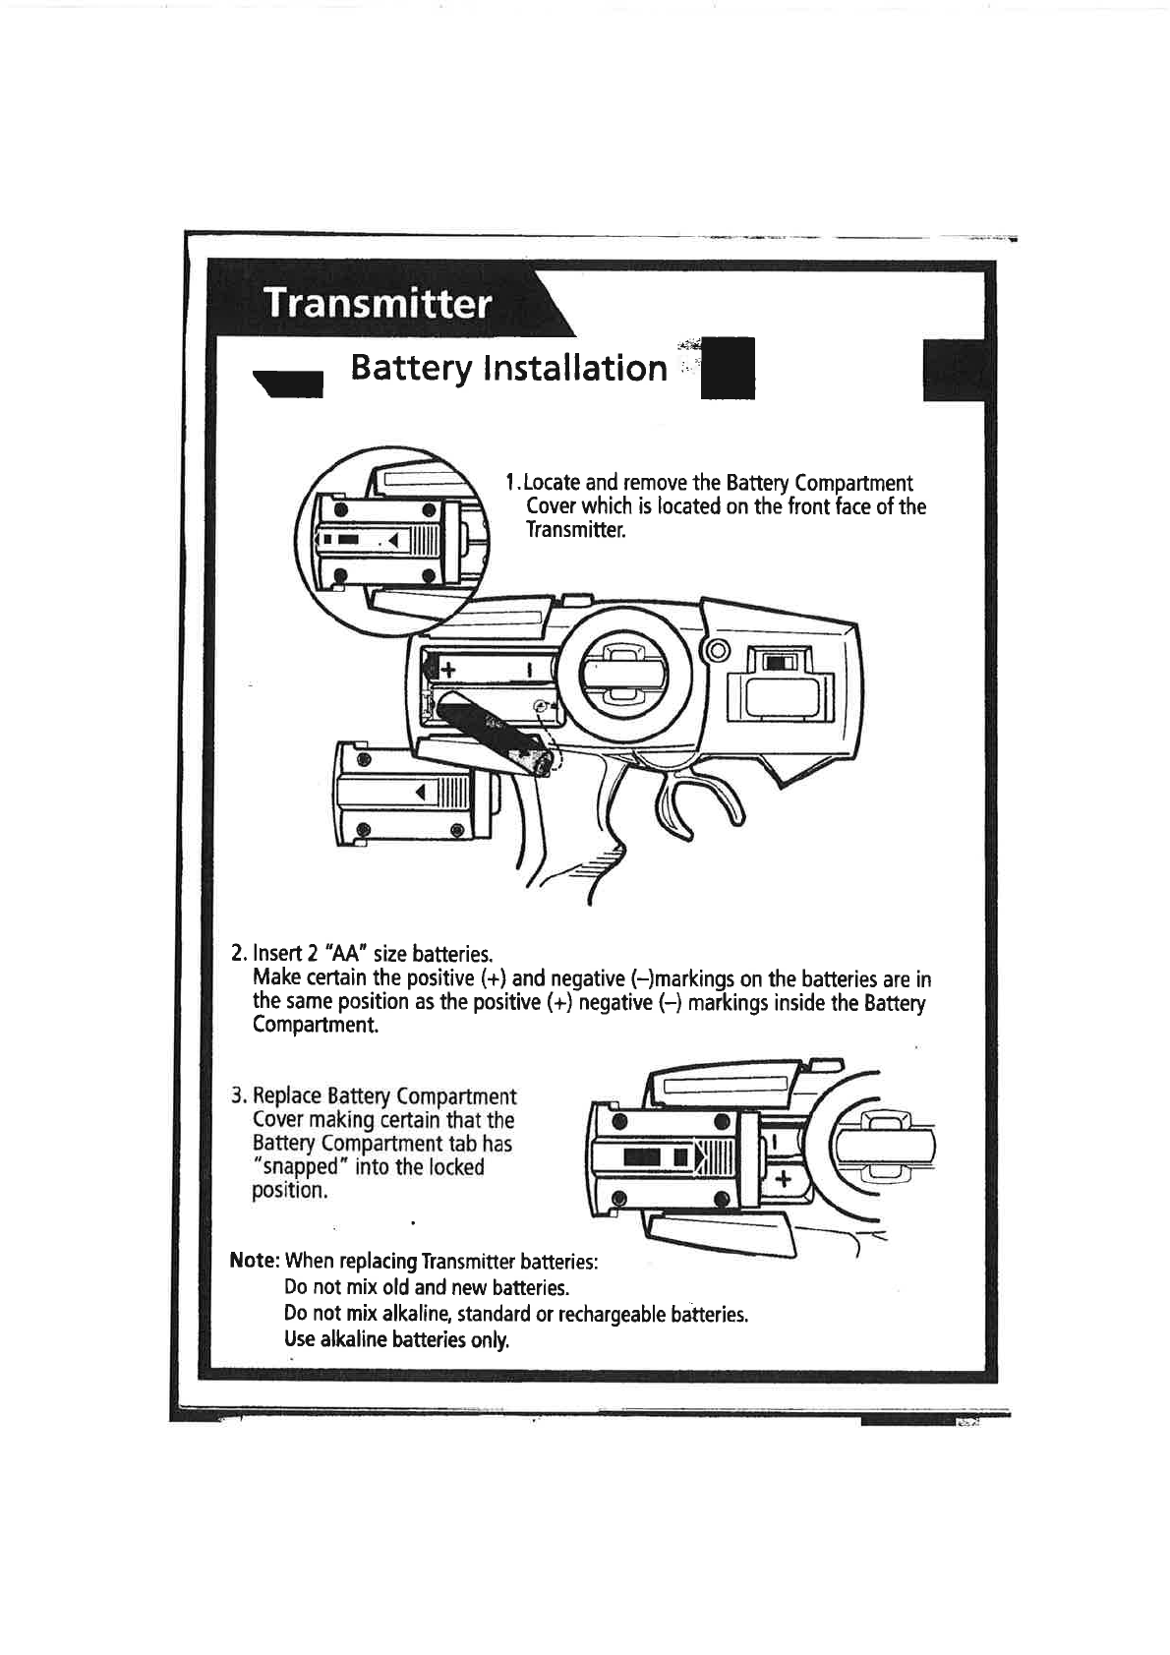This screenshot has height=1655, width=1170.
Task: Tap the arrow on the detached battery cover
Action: [x=420, y=793]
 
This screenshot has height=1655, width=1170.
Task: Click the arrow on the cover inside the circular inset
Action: [x=392, y=540]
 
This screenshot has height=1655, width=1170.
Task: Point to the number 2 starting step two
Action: [x=236, y=954]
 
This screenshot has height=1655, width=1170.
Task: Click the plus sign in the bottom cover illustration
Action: [x=783, y=1180]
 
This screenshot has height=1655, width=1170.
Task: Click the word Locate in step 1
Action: [x=551, y=483]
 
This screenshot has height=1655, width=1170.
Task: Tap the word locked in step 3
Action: [x=457, y=1167]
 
